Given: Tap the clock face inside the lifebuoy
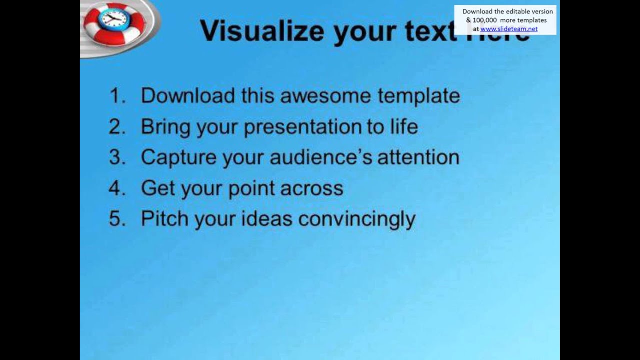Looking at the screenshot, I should click(113, 19).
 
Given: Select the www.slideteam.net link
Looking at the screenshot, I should click(509, 29).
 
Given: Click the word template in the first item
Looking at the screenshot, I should click(418, 95).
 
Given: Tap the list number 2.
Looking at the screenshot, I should click(117, 127).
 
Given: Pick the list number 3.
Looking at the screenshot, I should click(117, 157).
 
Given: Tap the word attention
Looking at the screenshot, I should click(418, 157).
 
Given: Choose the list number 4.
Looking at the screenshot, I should click(117, 188).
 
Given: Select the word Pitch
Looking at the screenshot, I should click(165, 219).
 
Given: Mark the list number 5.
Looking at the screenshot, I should click(117, 219).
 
